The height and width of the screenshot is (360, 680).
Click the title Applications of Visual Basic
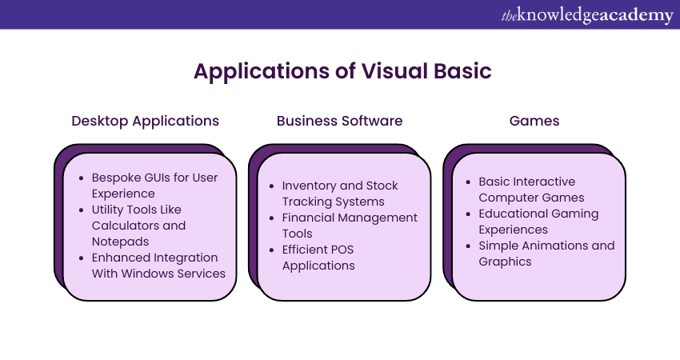point(342,71)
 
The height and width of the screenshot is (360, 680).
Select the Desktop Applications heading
point(145,121)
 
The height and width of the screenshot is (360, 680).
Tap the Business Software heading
point(340,121)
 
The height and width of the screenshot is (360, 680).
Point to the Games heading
point(534,121)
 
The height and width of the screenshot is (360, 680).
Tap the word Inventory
point(311,185)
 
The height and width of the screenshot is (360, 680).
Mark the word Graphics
point(505,261)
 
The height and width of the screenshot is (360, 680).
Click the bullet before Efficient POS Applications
point(273,249)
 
